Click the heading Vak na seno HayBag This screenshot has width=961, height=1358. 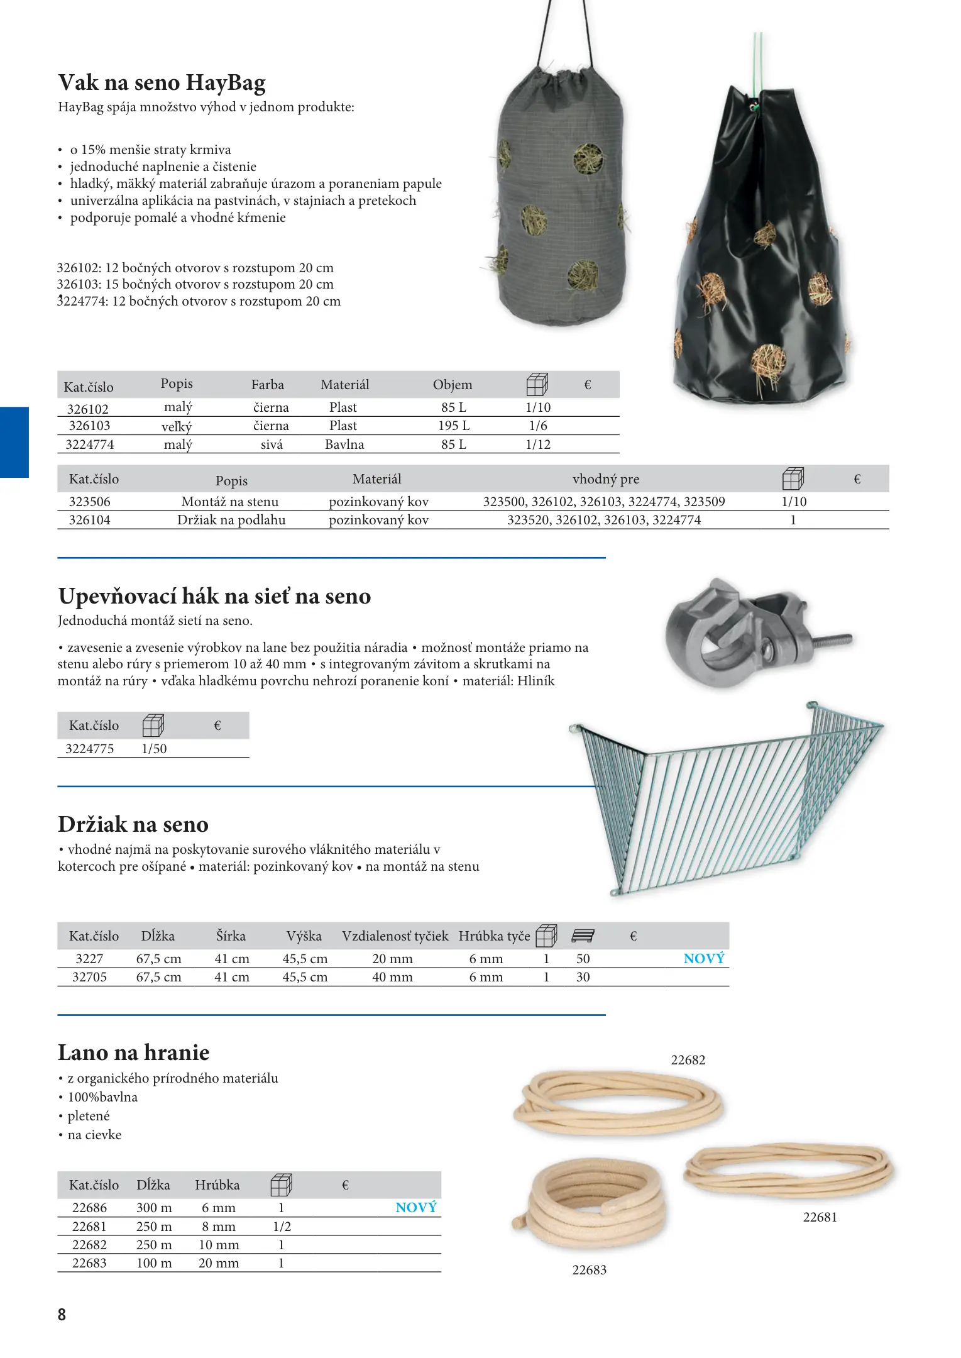pos(162,83)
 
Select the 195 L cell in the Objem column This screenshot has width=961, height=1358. pos(453,426)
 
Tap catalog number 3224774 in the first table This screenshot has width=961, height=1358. pos(90,444)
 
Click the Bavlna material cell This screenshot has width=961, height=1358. pos(344,444)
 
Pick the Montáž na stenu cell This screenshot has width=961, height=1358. pos(229,502)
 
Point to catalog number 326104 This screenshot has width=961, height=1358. pos(89,520)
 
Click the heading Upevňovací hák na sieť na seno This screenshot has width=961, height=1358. pos(214,596)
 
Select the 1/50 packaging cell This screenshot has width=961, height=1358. pos(154,749)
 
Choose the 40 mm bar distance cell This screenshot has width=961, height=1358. pos(392,977)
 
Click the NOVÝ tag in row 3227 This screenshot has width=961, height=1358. pos(703,959)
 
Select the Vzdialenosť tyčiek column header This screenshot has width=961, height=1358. pos(395,936)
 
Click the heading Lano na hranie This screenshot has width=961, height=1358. pos(133,1052)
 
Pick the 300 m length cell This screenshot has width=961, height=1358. pos(154,1208)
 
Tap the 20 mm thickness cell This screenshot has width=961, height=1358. pos(219,1263)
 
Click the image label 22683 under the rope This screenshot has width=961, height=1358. pos(589,1270)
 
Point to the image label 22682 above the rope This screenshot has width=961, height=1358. pos(688,1060)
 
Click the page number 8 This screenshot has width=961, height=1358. pos(62,1315)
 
